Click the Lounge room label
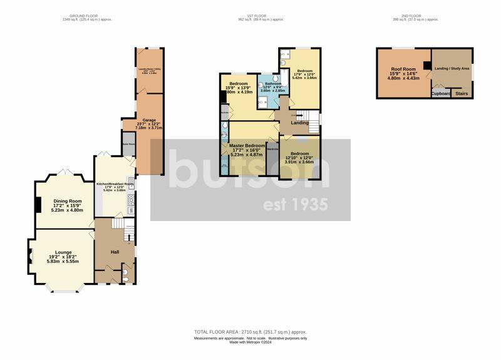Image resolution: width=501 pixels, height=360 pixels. click(x=63, y=252)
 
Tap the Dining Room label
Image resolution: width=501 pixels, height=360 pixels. click(x=66, y=201)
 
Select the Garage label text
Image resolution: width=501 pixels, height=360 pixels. click(x=149, y=120)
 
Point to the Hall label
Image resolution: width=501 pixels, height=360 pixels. click(x=115, y=252)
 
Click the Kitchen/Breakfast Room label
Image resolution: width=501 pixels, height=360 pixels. click(x=115, y=184)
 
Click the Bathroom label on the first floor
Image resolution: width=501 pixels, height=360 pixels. click(x=272, y=83)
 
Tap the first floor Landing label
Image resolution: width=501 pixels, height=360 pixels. click(x=299, y=123)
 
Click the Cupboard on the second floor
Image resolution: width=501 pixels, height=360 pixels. click(x=441, y=93)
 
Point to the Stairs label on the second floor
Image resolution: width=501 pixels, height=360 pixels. click(x=462, y=93)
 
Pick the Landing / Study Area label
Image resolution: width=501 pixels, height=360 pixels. click(x=452, y=68)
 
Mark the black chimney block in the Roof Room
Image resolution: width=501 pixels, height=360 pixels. click(x=426, y=65)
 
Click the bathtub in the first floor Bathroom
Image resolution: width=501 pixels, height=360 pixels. click(x=274, y=100)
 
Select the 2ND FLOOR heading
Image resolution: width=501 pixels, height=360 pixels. click(x=423, y=16)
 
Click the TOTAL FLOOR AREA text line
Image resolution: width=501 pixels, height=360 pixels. click(x=250, y=332)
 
